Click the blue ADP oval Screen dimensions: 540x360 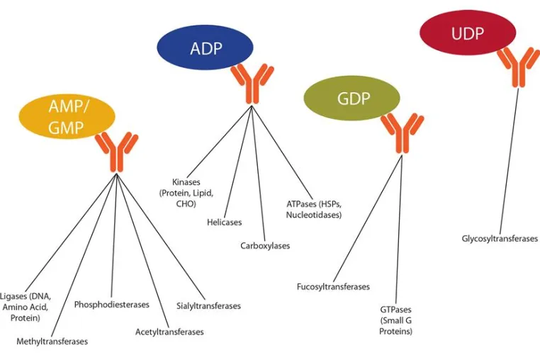click(206, 47)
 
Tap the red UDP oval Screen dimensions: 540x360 click(468, 33)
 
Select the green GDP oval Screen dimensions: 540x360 click(351, 99)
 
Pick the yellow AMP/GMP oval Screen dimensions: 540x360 click(67, 116)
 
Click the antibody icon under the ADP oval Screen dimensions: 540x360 click(252, 83)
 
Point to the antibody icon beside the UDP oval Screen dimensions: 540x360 click(518, 67)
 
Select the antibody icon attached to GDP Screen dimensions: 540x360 click(402, 133)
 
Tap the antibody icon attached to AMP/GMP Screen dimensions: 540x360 click(116, 152)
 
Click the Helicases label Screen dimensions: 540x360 click(224, 223)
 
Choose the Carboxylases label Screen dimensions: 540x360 click(265, 246)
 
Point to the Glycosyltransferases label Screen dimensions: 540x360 click(500, 239)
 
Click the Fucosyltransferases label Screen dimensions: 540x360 click(333, 286)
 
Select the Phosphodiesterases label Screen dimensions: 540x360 click(111, 305)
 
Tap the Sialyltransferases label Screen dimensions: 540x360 click(208, 306)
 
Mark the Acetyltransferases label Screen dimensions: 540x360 click(169, 332)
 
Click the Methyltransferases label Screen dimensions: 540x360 click(52, 342)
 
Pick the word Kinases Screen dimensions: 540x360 click(186, 182)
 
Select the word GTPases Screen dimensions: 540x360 click(395, 310)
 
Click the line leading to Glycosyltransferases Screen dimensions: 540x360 click(509, 162)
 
